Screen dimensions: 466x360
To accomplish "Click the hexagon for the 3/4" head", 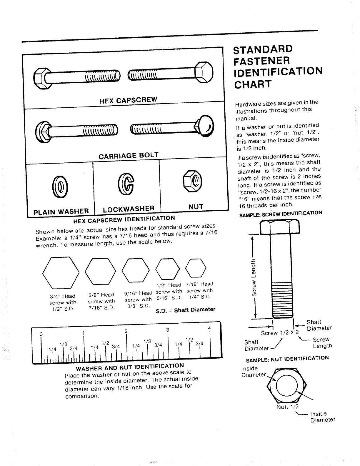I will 61,273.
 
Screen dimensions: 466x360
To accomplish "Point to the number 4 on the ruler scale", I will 209,328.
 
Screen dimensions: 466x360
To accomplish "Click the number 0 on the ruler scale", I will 41,334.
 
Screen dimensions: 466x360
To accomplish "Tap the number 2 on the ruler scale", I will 126,331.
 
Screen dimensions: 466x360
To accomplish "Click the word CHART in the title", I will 253,84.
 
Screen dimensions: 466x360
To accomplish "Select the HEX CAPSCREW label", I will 128,100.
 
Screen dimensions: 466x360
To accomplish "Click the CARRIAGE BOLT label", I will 129,156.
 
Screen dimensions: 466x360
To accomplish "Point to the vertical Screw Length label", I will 254,277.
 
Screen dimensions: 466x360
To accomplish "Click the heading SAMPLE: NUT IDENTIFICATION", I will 287,359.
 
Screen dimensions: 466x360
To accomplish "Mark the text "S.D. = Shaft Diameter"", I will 185,310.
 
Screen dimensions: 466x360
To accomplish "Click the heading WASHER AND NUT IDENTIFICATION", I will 130,367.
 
